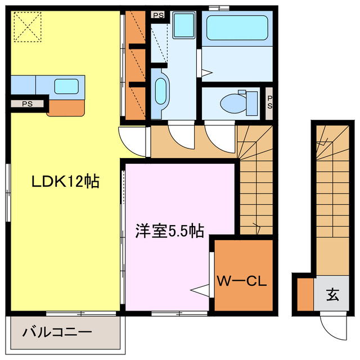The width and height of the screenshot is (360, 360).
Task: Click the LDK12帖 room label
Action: pyautogui.click(x=65, y=182)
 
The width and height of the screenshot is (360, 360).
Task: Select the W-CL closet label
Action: pyautogui.click(x=243, y=280)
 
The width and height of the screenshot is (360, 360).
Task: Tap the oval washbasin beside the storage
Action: pyautogui.click(x=160, y=92)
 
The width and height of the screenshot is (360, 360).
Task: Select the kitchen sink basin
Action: pyautogui.click(x=66, y=86)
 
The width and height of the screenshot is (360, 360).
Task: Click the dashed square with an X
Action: pyautogui.click(x=25, y=26)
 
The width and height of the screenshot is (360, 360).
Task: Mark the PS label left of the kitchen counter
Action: pyautogui.click(x=27, y=103)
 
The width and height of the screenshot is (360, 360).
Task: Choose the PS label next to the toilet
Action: pyautogui.click(x=269, y=102)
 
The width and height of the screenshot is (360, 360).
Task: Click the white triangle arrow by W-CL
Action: pyautogui.click(x=200, y=289)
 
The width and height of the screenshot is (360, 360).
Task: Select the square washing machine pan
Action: pyautogui.click(x=183, y=25)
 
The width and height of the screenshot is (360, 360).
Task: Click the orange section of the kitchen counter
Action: pyautogui.click(x=66, y=106)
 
